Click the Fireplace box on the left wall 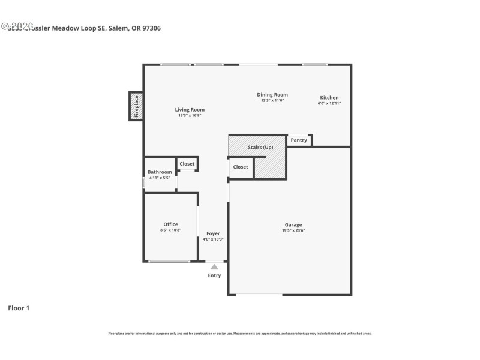(x=136, y=106)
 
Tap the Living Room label (x=190, y=110)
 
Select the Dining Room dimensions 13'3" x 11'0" (x=272, y=101)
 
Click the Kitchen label (x=329, y=98)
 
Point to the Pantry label (x=299, y=140)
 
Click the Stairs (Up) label (x=260, y=147)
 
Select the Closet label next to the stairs (x=241, y=167)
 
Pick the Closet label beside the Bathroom (x=187, y=163)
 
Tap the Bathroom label (x=160, y=172)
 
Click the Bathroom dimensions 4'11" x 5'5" (x=160, y=178)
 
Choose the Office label (x=170, y=224)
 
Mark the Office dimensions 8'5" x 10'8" (x=170, y=230)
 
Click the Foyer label (x=213, y=233)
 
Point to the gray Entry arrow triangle (x=214, y=267)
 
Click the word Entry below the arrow (x=214, y=275)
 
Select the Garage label (x=293, y=225)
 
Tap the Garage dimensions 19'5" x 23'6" (x=293, y=231)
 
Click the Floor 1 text (x=18, y=308)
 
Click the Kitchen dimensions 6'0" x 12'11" (x=329, y=104)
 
